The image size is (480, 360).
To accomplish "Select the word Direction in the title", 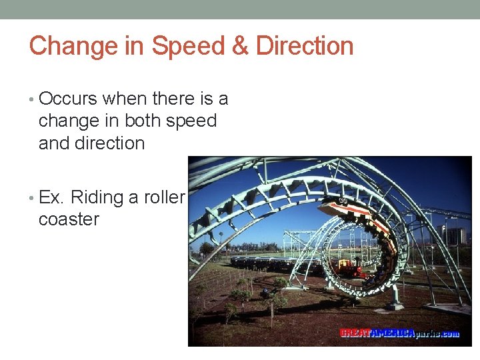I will coord(305,47).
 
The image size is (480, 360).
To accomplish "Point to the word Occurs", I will coord(68,99).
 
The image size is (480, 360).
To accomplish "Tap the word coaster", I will coord(69,219).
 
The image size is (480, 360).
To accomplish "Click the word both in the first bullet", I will coord(142,121).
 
